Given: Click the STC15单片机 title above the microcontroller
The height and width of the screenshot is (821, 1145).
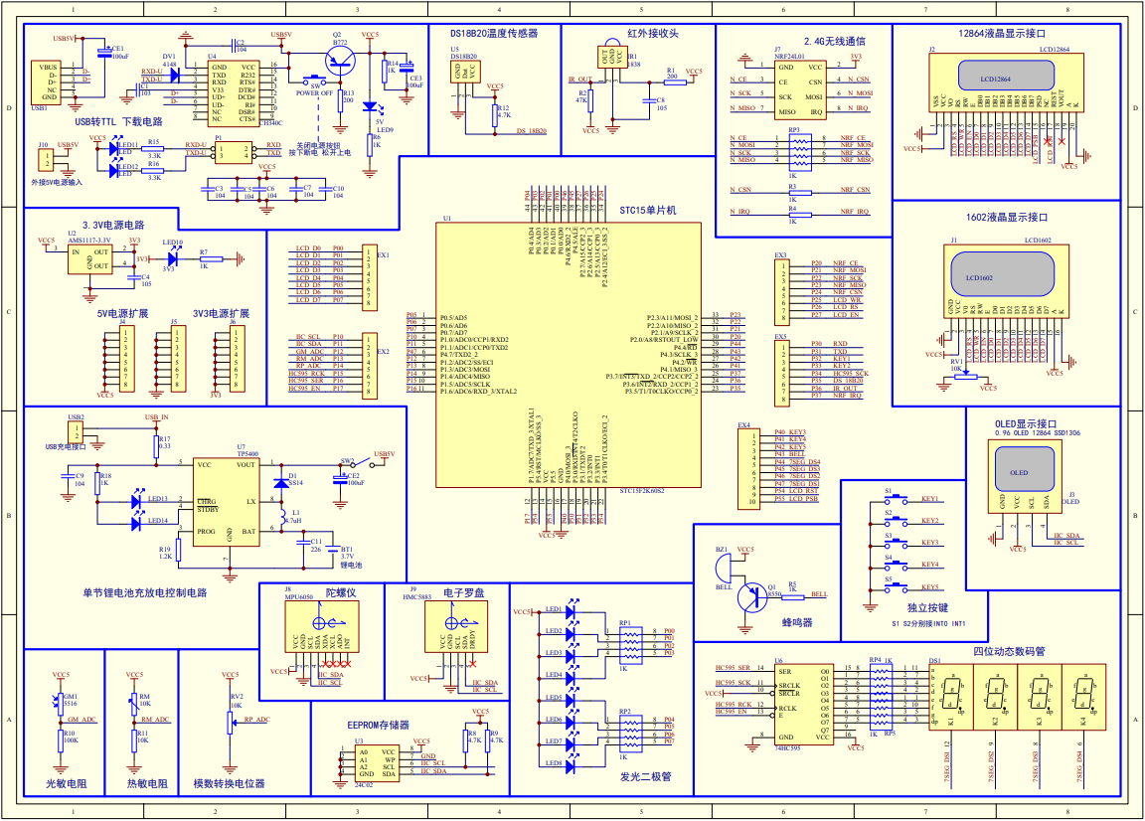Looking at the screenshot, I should pyautogui.click(x=647, y=211).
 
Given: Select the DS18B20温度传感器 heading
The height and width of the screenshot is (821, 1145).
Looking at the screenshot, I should pyautogui.click(x=494, y=33).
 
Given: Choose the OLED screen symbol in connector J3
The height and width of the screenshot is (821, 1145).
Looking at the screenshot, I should pyautogui.click(x=1019, y=472).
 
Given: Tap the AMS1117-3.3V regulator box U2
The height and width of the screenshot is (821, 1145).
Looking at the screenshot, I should pyautogui.click(x=89, y=260).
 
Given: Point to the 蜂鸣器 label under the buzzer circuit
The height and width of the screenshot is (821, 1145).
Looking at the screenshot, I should pyautogui.click(x=795, y=622).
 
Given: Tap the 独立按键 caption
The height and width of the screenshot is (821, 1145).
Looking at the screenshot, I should pyautogui.click(x=927, y=606).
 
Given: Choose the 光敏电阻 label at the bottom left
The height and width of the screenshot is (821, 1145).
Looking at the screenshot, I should pyautogui.click(x=67, y=783).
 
